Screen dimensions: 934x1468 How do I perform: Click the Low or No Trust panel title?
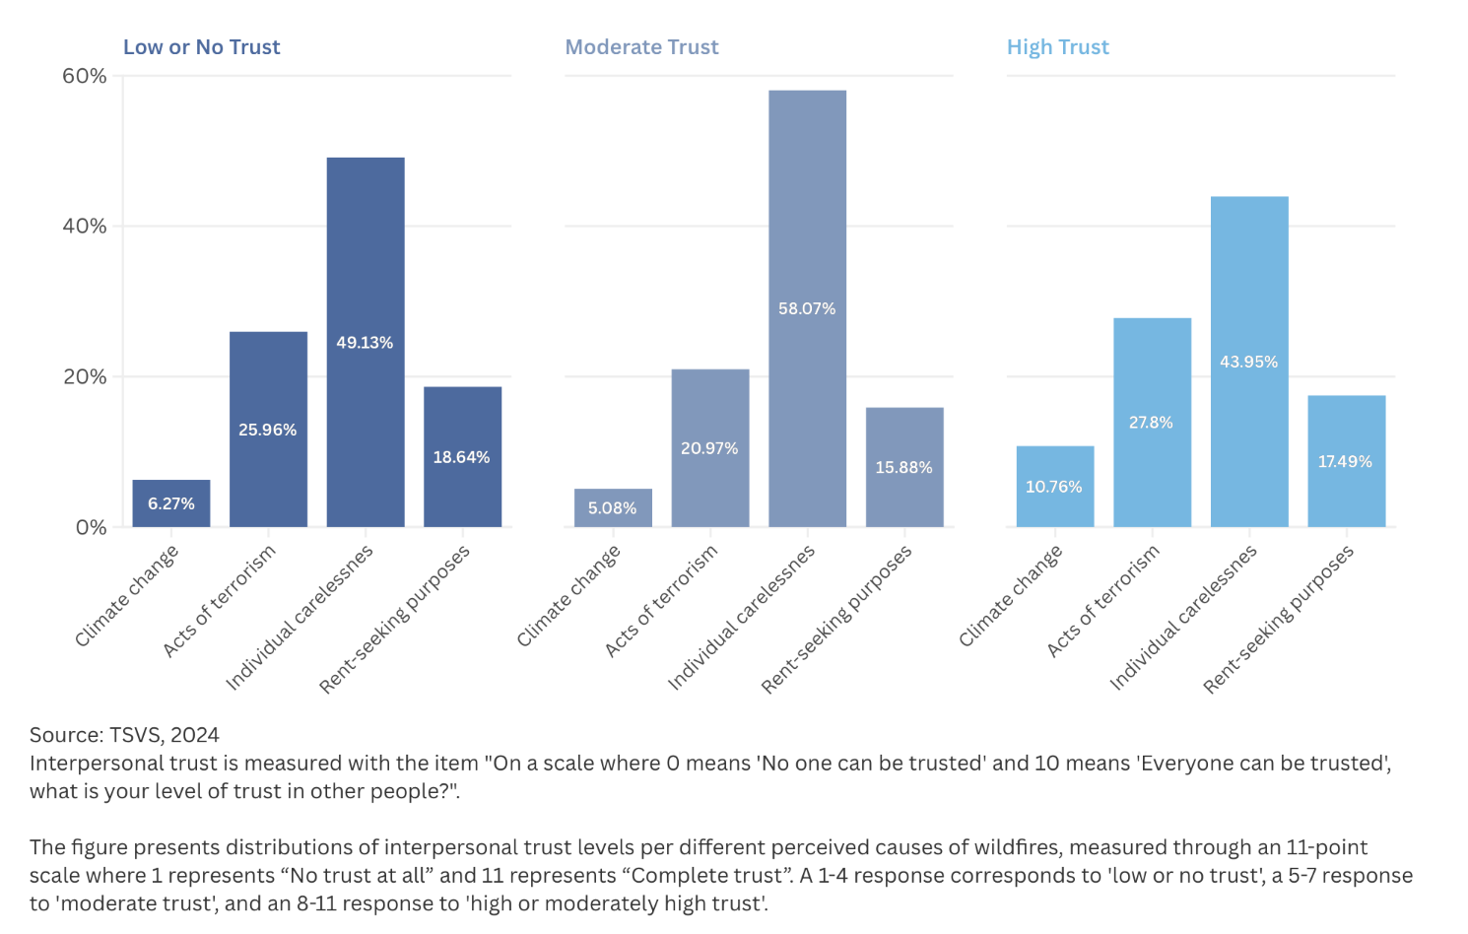click(x=201, y=47)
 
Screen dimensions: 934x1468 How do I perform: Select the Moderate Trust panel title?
click(x=641, y=47)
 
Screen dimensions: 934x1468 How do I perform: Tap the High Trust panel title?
click(x=1057, y=47)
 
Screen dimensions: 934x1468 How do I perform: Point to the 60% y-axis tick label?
click(x=85, y=76)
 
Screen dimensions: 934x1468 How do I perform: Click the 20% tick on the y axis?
click(x=85, y=376)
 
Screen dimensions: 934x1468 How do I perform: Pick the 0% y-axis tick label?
click(x=91, y=527)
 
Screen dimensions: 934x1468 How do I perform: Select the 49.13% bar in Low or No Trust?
click(x=366, y=296)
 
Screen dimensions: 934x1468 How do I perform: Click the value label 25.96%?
click(x=267, y=430)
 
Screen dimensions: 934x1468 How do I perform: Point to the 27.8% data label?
click(x=1151, y=423)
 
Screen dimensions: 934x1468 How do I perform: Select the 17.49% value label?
click(x=1345, y=462)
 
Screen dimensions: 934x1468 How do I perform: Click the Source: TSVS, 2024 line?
click(x=124, y=735)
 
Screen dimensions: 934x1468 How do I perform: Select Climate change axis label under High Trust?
click(x=1011, y=597)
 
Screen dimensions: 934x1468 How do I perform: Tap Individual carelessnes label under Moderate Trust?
click(x=742, y=618)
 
